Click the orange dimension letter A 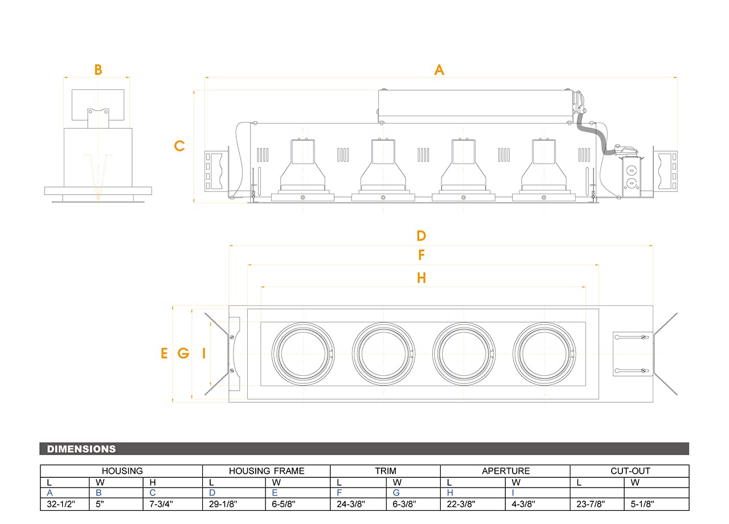[439, 69]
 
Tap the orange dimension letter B [98, 69]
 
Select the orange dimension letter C [179, 146]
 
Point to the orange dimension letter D [421, 236]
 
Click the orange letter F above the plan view [421, 255]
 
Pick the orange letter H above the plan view [421, 278]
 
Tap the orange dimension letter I [203, 354]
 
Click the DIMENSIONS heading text [81, 449]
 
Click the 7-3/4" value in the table [161, 504]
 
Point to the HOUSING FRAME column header [267, 471]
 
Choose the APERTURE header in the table [506, 471]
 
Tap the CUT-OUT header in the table [629, 471]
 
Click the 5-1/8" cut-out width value [642, 504]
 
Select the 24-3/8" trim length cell [351, 504]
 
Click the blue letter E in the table [276, 493]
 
